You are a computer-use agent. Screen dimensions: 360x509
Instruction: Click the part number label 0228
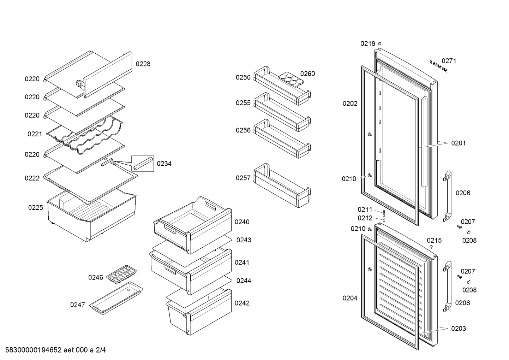143,64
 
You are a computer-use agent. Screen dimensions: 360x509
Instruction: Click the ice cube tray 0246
122,274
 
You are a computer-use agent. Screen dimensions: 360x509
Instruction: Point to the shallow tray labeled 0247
116,299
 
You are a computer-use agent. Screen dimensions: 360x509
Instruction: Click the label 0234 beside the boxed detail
164,164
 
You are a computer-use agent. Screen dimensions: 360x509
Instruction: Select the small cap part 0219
380,43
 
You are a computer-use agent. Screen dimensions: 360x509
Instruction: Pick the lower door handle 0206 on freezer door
448,285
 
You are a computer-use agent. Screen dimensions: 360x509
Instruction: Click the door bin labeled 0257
282,185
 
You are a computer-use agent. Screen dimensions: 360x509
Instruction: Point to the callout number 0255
243,103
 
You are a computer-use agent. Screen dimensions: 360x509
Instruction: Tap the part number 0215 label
434,241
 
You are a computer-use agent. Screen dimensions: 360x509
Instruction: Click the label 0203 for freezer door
459,329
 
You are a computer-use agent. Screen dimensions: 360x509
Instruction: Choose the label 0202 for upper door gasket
350,104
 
